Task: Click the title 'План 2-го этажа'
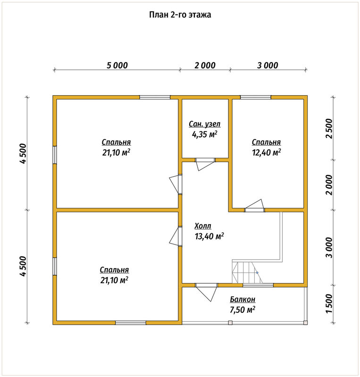point(180,15)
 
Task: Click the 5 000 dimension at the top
point(117,65)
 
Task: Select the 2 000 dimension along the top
point(205,65)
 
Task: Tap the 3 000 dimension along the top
point(268,65)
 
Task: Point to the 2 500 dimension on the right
point(329,128)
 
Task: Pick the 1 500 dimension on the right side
point(329,303)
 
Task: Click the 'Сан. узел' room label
point(204,124)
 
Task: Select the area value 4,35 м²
point(204,134)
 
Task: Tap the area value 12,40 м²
point(266,152)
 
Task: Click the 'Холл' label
point(203,226)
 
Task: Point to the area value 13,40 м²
point(209,237)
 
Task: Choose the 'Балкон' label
point(243,299)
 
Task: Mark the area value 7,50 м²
point(243,310)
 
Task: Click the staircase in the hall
point(247,272)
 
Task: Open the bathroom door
point(205,164)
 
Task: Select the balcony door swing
point(206,292)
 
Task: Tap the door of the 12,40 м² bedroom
point(254,205)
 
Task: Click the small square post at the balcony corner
point(305,322)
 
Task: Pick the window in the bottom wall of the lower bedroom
point(131,322)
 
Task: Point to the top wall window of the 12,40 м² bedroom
point(256,97)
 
